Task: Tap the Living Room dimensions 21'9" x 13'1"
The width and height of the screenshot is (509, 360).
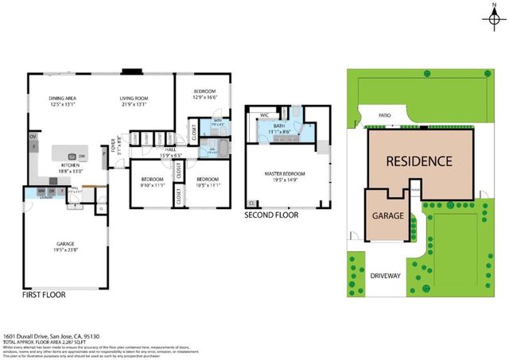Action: pyautogui.click(x=134, y=104)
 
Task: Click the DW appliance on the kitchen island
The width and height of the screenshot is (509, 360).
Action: pyautogui.click(x=83, y=156)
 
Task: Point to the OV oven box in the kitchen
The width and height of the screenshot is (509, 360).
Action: pyautogui.click(x=33, y=137)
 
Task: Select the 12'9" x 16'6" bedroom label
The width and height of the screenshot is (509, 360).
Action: pyautogui.click(x=204, y=96)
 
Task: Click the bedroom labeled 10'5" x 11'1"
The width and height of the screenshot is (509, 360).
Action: pyautogui.click(x=208, y=182)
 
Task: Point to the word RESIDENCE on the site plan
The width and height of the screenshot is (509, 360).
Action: pyautogui.click(x=419, y=161)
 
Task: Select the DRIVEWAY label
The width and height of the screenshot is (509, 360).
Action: pyautogui.click(x=387, y=277)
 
